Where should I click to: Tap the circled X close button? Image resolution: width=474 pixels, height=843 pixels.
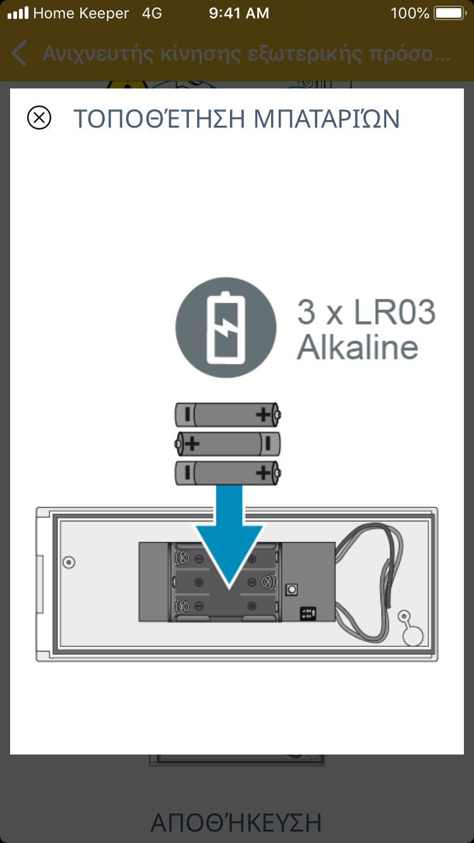[x=39, y=118]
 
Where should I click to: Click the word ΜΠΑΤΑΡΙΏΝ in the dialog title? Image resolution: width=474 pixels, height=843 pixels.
[x=327, y=119]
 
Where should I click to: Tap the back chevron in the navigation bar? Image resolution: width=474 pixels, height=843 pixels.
[x=20, y=54]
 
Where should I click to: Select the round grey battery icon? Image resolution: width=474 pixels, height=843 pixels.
[x=226, y=328]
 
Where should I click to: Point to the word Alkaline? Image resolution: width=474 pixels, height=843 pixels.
[x=358, y=347]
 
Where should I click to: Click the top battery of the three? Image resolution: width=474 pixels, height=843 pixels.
[x=228, y=415]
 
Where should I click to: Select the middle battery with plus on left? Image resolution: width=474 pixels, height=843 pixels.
[x=228, y=444]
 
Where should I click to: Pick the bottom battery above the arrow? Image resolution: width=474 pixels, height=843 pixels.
[x=228, y=473]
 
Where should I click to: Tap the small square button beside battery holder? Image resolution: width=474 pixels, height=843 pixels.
[x=292, y=589]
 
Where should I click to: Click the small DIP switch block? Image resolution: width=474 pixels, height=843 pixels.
[x=308, y=612]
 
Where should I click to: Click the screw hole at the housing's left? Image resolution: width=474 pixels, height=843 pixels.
[x=70, y=562]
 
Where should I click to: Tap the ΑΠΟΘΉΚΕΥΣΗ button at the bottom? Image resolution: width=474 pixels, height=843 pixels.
[x=236, y=822]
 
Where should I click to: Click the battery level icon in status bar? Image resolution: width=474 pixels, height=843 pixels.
[x=449, y=13]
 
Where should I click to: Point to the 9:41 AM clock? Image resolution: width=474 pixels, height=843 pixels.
[x=238, y=13]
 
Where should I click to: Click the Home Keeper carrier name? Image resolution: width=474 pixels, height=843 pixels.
[x=81, y=13]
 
